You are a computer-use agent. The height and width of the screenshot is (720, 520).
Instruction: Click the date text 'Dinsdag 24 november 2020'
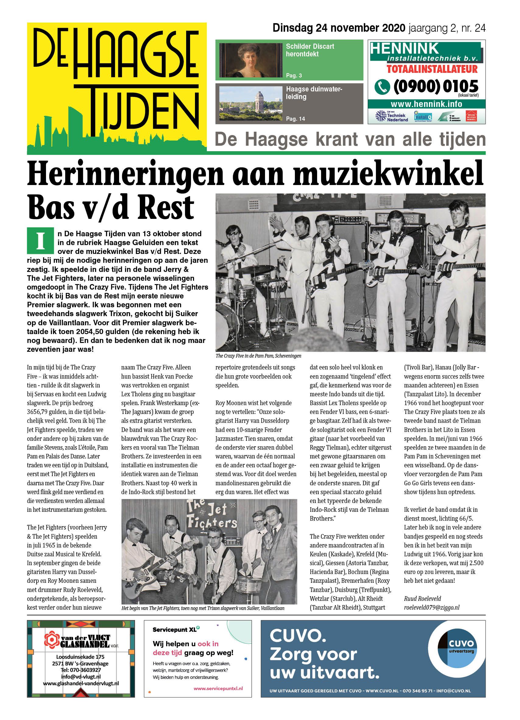[x=338, y=28]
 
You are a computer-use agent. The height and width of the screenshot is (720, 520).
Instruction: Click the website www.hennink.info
[x=426, y=104]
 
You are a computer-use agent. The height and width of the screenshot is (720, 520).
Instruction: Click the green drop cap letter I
[x=40, y=240]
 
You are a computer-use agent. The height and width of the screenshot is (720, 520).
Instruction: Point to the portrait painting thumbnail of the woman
[x=251, y=60]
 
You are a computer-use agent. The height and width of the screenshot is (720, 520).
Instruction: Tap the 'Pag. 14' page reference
[x=295, y=119]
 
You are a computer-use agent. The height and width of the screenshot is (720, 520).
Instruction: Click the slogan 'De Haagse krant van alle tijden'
[x=350, y=139]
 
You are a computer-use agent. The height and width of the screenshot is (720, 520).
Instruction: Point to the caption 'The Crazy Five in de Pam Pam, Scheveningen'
[x=258, y=356]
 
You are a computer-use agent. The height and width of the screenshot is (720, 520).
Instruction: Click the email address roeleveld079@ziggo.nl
[x=431, y=607]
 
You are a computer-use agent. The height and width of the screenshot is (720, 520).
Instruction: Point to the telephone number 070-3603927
[x=81, y=670]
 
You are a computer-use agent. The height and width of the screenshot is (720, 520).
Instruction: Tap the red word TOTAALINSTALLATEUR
[x=432, y=69]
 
